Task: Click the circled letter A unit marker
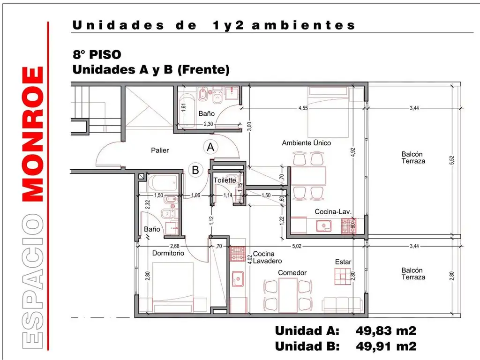[211, 147]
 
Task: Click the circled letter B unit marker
[195, 170]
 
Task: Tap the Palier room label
[160, 150]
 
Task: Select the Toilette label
[225, 180]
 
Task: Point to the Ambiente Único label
[306, 142]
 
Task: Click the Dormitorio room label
[168, 253]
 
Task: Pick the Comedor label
[292, 273]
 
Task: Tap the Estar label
[343, 262]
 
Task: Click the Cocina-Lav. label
[333, 212]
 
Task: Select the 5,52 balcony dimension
[452, 160]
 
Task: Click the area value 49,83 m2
[386, 331]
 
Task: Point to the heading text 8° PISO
[90, 54]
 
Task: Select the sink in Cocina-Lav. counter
[324, 226]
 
